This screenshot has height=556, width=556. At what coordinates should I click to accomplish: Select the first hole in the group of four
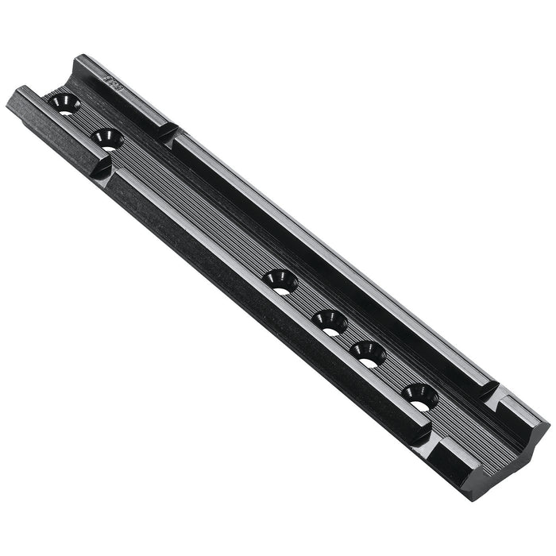pyautogui.click(x=280, y=281)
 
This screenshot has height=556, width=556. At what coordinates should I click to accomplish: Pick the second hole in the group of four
pyautogui.click(x=330, y=322)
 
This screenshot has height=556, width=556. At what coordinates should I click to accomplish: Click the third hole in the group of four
pyautogui.click(x=367, y=353)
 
